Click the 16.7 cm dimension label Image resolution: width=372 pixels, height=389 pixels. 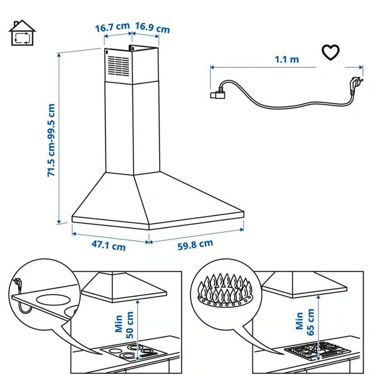point(112,27)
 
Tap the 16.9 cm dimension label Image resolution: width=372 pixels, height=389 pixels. point(152,27)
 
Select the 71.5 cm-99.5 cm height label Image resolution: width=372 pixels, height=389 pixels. point(51,140)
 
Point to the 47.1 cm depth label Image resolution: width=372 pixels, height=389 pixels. point(108,245)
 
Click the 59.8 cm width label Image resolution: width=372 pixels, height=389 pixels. point(195,244)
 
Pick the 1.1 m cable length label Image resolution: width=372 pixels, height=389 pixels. point(286,60)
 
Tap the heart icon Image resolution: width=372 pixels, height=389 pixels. point(331,52)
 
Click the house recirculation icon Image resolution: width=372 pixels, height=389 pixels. point(22,33)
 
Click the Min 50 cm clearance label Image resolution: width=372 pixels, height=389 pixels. point(124,325)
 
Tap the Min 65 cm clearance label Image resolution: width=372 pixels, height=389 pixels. point(305,322)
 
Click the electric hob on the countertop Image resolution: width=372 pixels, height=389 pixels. point(134,353)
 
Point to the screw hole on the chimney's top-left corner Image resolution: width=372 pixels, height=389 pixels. point(107,52)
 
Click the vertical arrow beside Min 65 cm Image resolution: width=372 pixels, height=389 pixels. point(318,328)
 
